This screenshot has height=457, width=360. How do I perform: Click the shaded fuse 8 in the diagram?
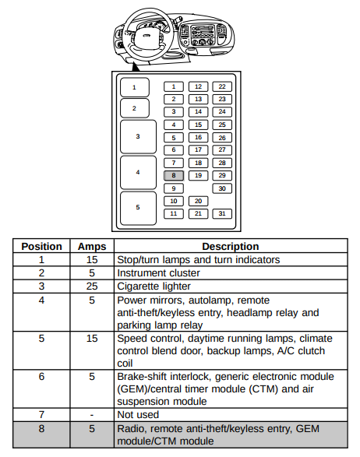pos(174,175)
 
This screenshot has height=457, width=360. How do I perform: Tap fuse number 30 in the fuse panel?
pos(222,188)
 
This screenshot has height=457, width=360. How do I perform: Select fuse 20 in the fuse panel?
pos(198,201)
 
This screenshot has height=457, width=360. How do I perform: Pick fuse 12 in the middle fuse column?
pos(198,86)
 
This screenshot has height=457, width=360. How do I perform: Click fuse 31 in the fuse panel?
pos(222,213)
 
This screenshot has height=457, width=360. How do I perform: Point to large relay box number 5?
pos(138,208)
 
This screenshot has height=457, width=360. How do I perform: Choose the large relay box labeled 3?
pos(138,136)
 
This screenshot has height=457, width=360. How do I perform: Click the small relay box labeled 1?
pos(135,87)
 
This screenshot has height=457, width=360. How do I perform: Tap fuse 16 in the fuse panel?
pos(198,137)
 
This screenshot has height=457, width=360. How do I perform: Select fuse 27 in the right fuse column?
pos(222,149)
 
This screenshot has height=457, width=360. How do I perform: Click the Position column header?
pos(42,246)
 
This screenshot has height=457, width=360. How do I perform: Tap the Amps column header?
pos(92,247)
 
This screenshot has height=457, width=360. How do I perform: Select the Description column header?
pos(231,246)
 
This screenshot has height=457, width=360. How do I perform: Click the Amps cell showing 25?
pos(92,287)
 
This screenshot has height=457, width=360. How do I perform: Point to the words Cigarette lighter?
pos(154,287)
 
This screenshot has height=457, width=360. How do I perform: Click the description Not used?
pos(138,414)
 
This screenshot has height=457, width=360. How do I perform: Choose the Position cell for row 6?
pos(42,376)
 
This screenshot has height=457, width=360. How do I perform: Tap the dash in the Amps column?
pos(92,415)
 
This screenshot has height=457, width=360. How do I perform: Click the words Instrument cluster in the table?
pos(158,273)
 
